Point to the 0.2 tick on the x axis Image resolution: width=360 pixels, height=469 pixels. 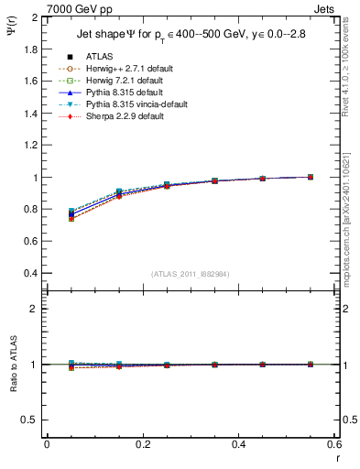coord(142,444)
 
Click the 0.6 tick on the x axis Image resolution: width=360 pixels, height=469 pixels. coord(333,444)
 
